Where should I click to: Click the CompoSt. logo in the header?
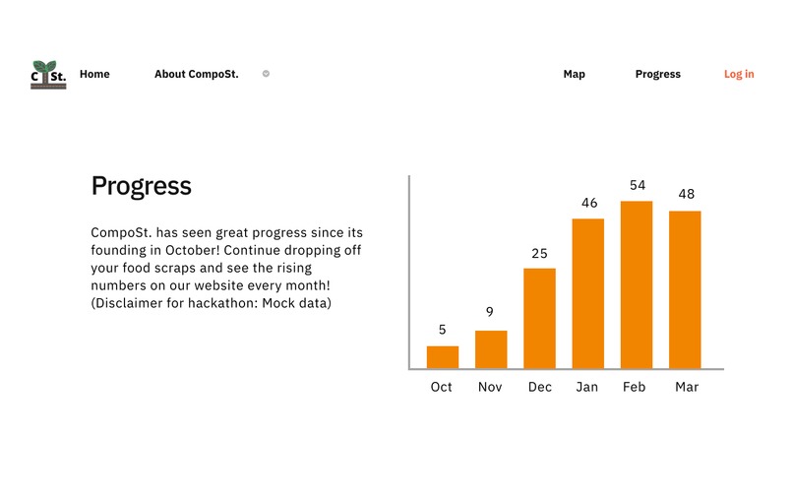click(x=48, y=75)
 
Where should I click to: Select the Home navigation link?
click(x=94, y=74)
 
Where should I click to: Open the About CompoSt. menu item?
click(x=196, y=74)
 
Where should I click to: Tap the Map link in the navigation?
click(x=574, y=74)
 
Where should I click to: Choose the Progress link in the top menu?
click(x=657, y=74)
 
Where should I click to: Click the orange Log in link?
click(x=739, y=74)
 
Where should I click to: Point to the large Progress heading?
click(x=141, y=186)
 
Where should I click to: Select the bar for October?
click(x=442, y=357)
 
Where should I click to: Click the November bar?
click(x=491, y=349)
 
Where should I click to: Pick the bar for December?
click(x=539, y=318)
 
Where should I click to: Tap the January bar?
click(x=587, y=293)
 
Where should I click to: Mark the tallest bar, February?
click(x=637, y=284)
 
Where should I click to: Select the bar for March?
click(x=685, y=289)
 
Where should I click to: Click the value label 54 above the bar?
click(x=638, y=185)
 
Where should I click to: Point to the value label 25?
click(x=539, y=253)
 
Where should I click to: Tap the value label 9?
click(x=490, y=313)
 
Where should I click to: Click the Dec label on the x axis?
click(x=539, y=387)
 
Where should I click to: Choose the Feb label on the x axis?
click(x=635, y=387)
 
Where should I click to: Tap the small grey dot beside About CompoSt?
click(x=266, y=74)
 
